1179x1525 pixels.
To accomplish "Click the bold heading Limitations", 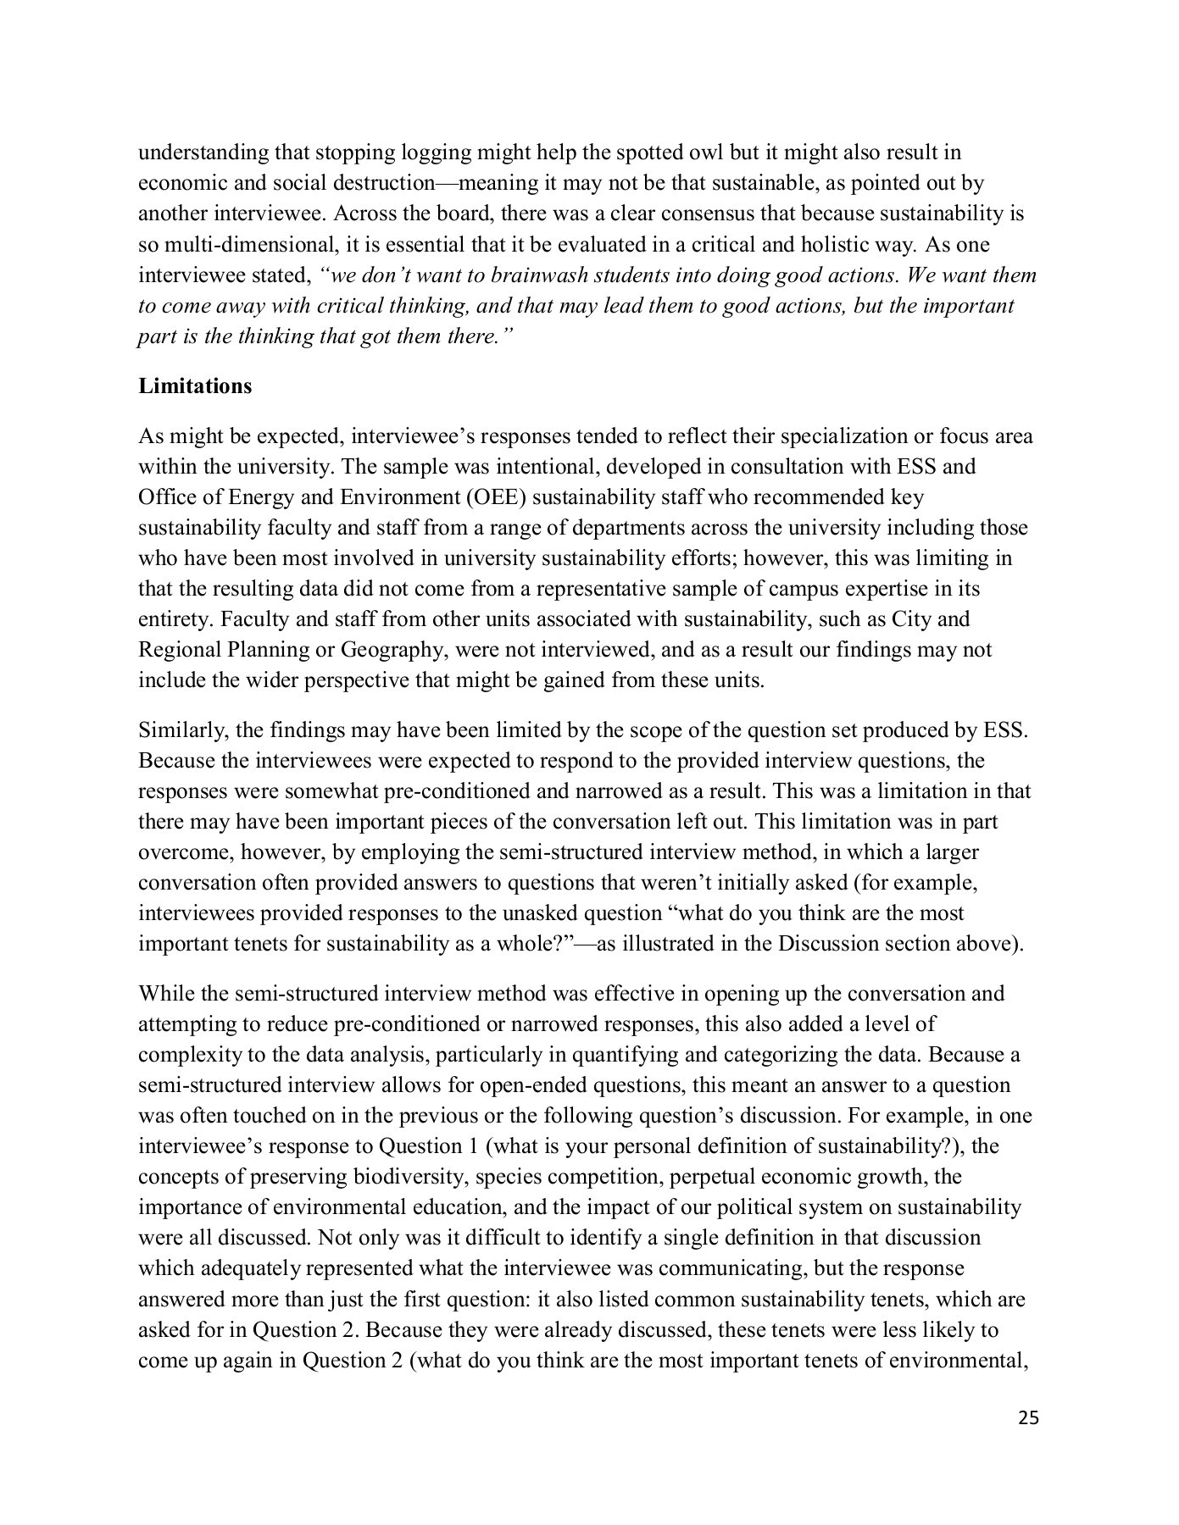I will click(x=195, y=386).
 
